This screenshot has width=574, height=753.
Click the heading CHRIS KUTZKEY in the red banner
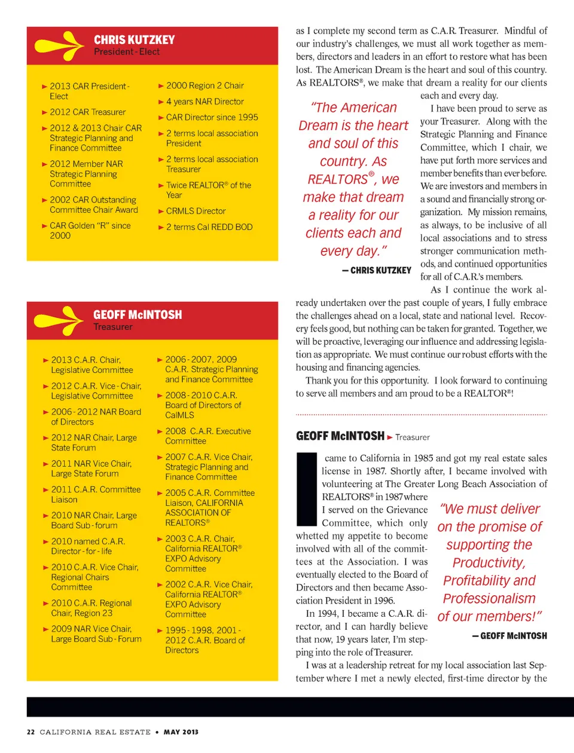[x=134, y=39]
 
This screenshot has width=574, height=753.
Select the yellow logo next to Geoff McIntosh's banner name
[x=59, y=320]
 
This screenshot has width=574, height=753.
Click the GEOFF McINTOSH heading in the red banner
[x=138, y=314]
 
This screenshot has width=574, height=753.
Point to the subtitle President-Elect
[x=127, y=52]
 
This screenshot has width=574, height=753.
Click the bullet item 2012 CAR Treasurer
[x=87, y=112]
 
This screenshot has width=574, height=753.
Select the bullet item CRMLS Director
[x=196, y=211]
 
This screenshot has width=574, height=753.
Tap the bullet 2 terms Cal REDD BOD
[x=209, y=227]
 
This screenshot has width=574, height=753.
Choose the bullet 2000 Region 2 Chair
[x=204, y=85]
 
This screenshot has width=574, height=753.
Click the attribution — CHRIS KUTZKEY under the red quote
[x=377, y=270]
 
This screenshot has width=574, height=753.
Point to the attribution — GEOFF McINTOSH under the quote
[x=509, y=636]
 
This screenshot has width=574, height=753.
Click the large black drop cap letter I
[x=306, y=489]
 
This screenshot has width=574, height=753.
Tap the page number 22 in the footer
[x=31, y=732]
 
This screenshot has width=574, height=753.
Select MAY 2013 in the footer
[x=181, y=732]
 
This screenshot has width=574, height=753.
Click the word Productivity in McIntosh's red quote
[x=488, y=563]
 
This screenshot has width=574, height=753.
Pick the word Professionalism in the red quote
[x=489, y=599]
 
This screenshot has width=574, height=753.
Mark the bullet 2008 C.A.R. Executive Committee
[x=207, y=436]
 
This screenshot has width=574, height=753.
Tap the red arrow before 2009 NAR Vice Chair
[x=46, y=629]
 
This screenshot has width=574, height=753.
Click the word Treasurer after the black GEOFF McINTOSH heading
[x=413, y=437]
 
